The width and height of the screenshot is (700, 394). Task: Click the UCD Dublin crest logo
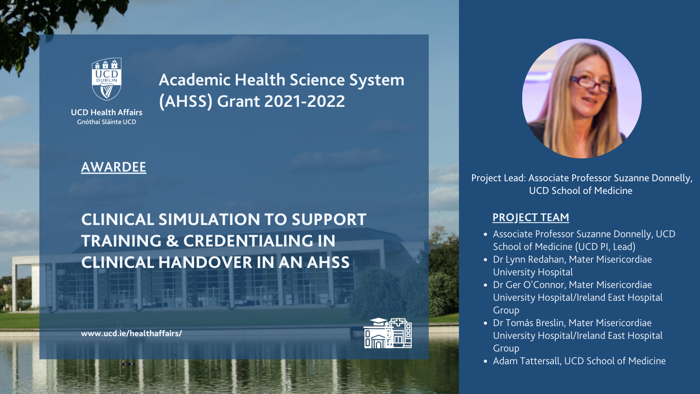[x=107, y=79]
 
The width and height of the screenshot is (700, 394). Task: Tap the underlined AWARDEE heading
[x=113, y=167]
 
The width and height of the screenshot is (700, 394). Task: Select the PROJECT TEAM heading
[x=531, y=218]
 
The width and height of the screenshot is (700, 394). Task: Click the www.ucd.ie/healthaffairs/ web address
[x=131, y=334]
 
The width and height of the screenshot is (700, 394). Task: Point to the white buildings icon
[x=388, y=333]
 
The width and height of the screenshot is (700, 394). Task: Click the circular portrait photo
[x=581, y=98]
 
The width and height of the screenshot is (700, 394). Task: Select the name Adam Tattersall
[x=527, y=361]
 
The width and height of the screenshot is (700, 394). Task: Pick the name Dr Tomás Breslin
[x=529, y=323]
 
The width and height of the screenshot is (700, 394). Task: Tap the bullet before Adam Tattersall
[x=485, y=362]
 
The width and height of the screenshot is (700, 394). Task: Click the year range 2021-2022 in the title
[x=304, y=101]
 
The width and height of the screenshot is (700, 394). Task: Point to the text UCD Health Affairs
[x=107, y=112]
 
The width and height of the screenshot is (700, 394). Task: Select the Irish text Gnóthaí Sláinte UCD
[x=107, y=122]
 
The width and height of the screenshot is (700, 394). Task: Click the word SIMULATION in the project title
[x=209, y=219]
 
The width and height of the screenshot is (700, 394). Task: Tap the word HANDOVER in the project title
[x=205, y=262]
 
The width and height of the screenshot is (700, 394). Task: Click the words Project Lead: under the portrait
[x=498, y=178]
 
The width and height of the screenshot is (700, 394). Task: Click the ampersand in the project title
[x=172, y=241]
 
